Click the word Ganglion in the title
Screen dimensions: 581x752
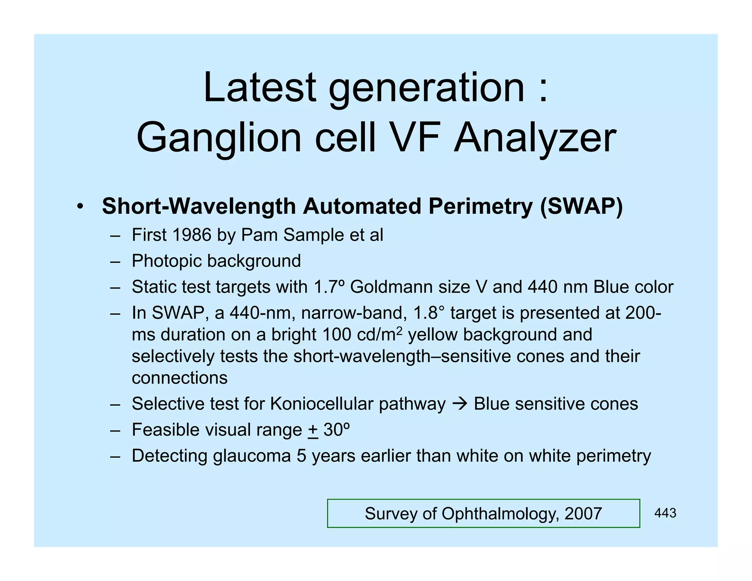coord(219,138)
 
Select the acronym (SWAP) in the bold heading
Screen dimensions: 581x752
coord(581,206)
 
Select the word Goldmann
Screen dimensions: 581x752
coord(410,287)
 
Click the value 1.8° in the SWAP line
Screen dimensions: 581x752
coord(428,313)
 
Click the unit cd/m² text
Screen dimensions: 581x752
coord(379,335)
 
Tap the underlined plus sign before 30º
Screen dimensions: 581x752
coord(313,430)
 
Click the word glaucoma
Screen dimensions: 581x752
coord(252,456)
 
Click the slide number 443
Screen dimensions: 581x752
coord(665,513)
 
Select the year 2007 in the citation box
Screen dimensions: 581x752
coord(583,513)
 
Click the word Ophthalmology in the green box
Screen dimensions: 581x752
coord(500,513)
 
